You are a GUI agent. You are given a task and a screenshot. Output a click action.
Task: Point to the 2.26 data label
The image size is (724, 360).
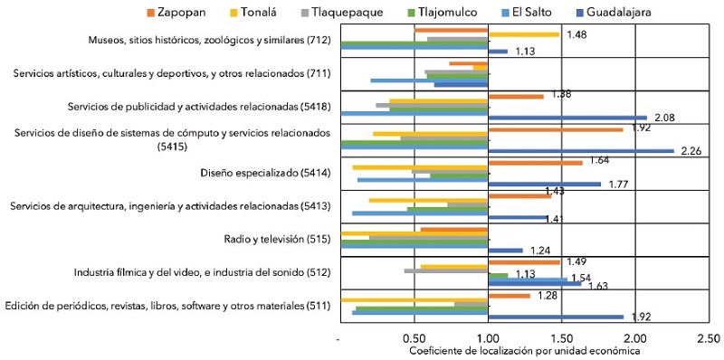click(x=690, y=151)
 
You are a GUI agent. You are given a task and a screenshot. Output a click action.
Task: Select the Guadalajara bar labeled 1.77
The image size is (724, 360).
click(x=544, y=185)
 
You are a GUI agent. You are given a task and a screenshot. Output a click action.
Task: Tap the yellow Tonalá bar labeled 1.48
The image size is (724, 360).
click(x=523, y=34)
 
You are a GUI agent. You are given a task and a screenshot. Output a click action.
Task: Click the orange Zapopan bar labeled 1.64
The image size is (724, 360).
click(x=535, y=163)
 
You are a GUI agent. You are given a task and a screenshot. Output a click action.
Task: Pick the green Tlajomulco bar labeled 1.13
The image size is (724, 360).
click(x=498, y=275)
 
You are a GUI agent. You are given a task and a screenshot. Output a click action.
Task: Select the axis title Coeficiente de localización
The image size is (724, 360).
click(x=524, y=351)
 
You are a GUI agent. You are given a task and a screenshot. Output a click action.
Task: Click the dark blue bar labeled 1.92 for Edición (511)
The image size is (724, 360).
click(x=556, y=317)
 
